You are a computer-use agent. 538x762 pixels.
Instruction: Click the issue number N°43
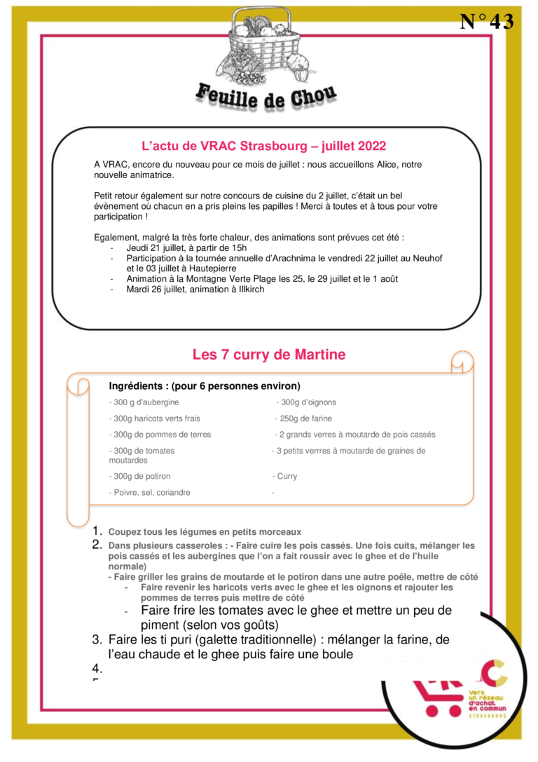tap(486, 22)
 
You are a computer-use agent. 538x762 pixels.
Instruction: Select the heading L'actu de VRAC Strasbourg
tap(263, 147)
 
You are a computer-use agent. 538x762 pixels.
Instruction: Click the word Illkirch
tap(249, 289)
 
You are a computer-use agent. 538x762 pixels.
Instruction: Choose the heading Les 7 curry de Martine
tap(269, 355)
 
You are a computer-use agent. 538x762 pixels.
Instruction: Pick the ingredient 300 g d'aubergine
tap(145, 402)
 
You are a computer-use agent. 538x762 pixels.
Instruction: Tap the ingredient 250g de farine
tap(304, 419)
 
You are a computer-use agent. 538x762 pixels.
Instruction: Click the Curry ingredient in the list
tap(286, 477)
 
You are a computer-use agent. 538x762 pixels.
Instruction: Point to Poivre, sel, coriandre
tap(150, 493)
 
